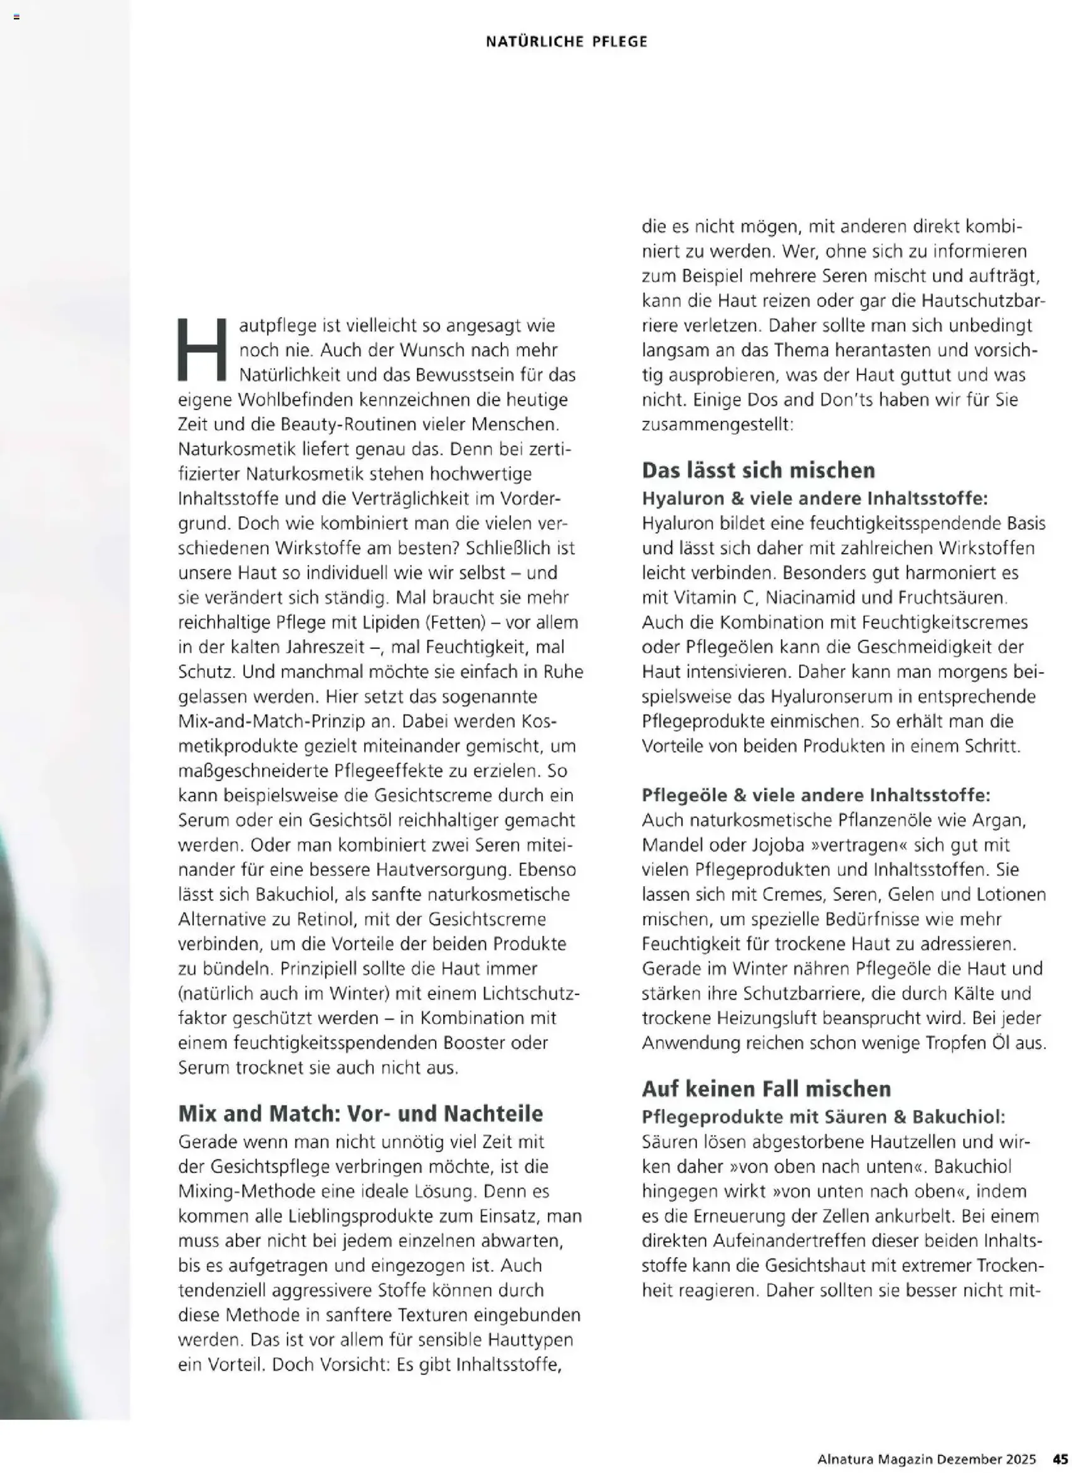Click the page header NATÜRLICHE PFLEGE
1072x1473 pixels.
[x=566, y=41]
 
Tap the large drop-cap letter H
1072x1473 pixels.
[x=202, y=349]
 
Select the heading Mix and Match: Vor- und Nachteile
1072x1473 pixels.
[x=360, y=1113]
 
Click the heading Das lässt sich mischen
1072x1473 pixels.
[x=759, y=470]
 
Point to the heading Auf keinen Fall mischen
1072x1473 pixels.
[x=766, y=1089]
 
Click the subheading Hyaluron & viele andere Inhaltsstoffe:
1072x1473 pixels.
[x=815, y=498]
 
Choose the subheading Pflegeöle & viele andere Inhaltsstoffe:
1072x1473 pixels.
[x=816, y=795]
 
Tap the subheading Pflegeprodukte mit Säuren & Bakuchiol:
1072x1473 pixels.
[x=823, y=1117]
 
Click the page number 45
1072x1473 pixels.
[x=1059, y=1458]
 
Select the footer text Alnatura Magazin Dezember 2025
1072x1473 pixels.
[x=927, y=1458]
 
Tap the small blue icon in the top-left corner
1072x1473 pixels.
[x=16, y=17]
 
